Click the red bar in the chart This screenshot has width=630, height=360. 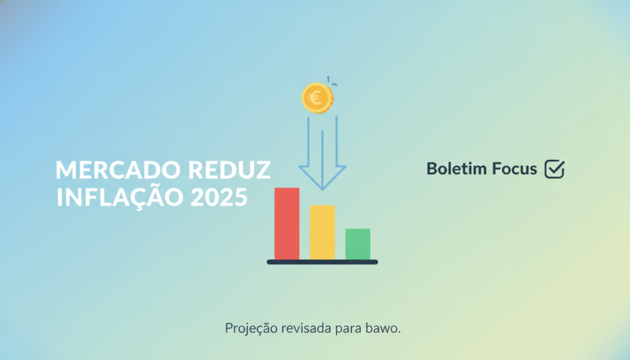(287, 224)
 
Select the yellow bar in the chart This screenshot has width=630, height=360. (322, 233)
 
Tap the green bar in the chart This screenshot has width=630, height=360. (357, 244)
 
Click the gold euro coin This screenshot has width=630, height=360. (317, 98)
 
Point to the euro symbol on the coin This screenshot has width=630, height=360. (316, 98)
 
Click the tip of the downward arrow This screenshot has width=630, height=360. (322, 190)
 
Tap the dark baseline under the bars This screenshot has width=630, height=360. (322, 262)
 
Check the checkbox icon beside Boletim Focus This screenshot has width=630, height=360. (554, 169)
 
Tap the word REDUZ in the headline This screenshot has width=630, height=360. (229, 170)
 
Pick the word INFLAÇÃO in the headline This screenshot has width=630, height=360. (120, 196)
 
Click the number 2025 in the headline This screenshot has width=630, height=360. (219, 198)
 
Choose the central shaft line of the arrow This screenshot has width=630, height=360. (322, 159)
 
